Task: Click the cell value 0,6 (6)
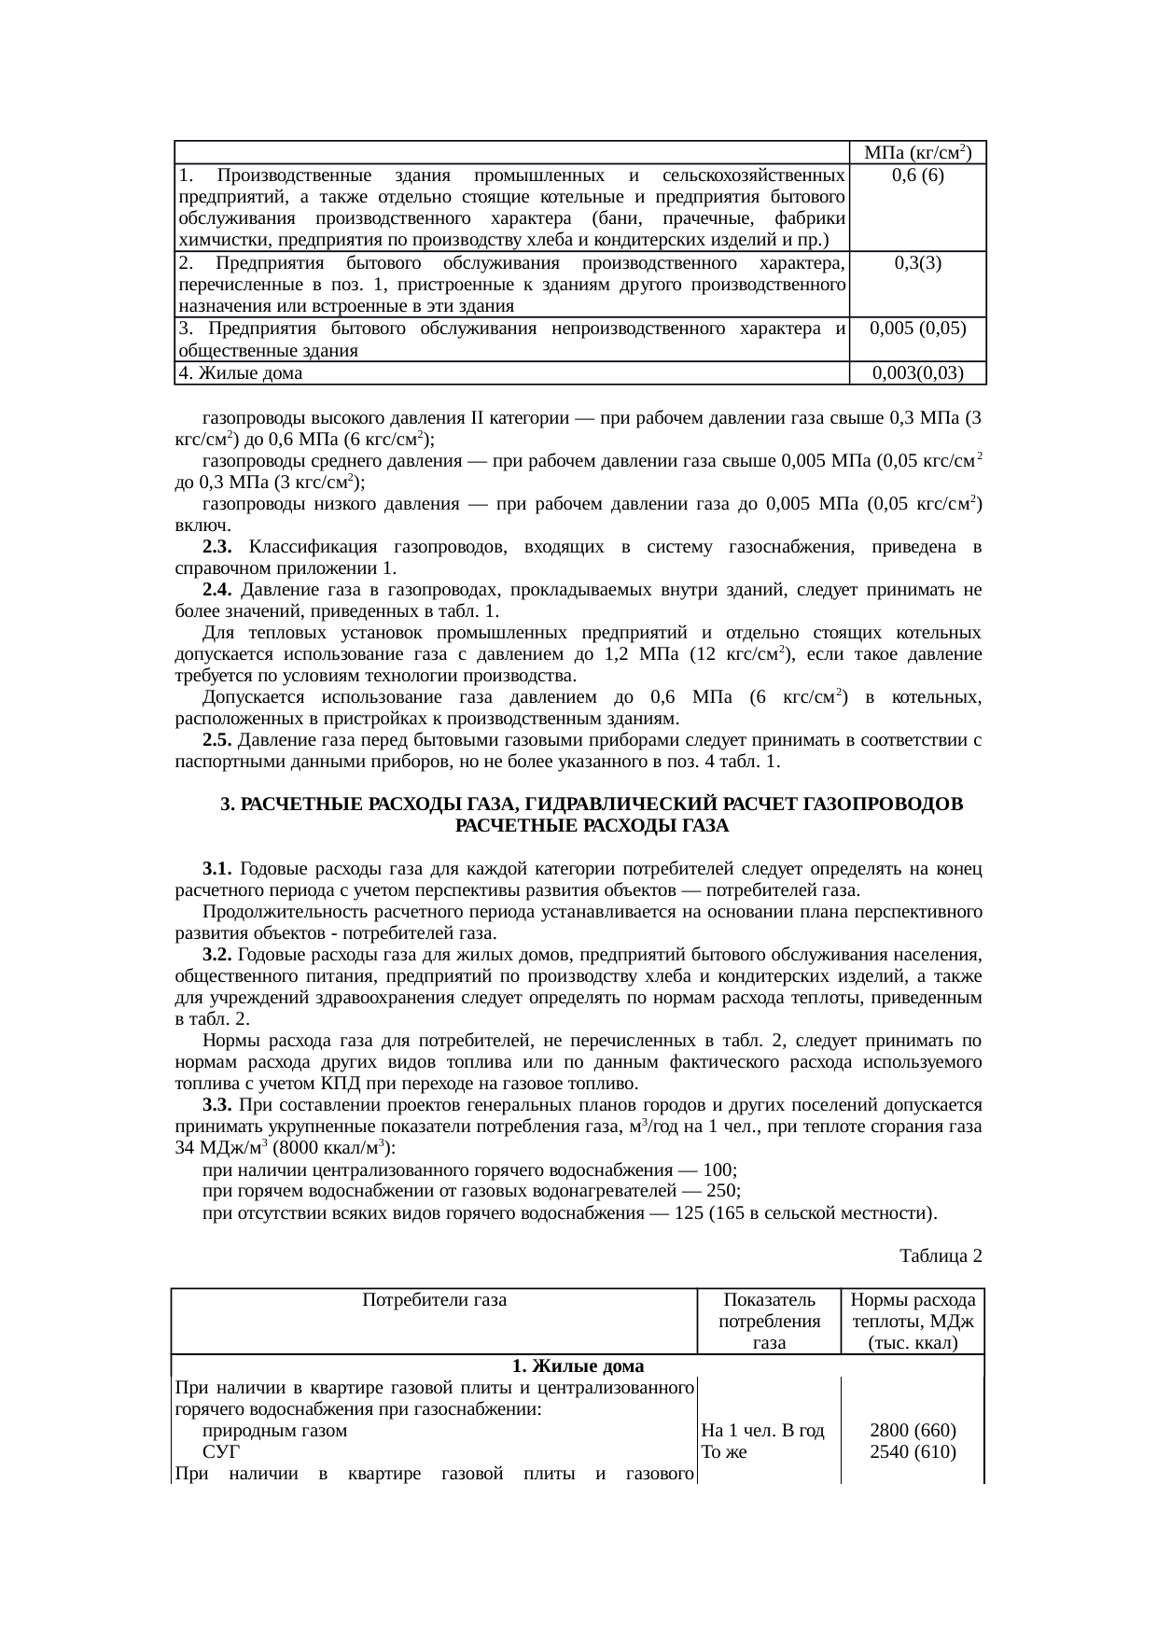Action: [916, 175]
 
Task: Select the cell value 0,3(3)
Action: [916, 262]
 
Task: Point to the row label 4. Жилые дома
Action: [240, 373]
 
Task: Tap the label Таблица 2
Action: [940, 1255]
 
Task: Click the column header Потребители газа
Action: [434, 1299]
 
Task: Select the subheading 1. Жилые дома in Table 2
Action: [578, 1367]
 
